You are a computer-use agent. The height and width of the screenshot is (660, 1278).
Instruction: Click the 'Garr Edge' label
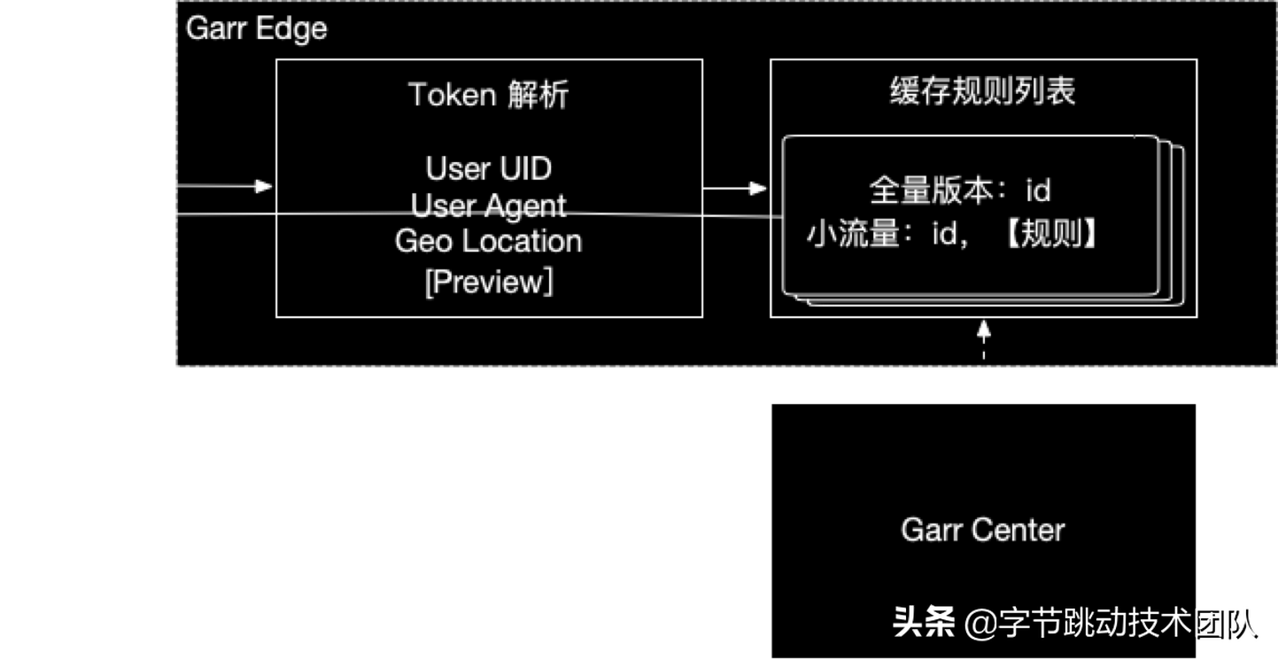coord(256,28)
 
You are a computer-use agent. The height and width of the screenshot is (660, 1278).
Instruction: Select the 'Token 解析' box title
coord(488,95)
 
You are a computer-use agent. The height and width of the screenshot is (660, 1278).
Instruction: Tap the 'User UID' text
coord(488,167)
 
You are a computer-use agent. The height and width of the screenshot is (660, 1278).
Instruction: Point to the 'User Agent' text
coord(488,205)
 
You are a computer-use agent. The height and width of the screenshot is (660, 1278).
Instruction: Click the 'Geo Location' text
coord(488,241)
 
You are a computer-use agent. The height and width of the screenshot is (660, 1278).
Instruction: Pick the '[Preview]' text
coord(488,282)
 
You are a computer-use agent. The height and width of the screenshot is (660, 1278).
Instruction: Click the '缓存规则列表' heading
coord(982,92)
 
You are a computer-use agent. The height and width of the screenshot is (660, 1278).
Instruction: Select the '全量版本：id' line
coord(960,190)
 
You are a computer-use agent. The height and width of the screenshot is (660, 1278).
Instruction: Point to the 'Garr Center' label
coord(982,530)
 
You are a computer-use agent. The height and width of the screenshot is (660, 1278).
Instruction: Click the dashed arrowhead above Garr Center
coord(983,330)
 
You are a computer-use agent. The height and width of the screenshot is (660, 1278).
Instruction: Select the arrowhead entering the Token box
coord(264,186)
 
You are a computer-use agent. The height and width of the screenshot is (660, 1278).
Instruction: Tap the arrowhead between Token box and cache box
coord(757,188)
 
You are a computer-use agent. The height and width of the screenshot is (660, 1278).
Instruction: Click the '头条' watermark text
coord(923,623)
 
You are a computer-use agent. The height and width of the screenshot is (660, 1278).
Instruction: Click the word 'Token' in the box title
coord(453,95)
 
